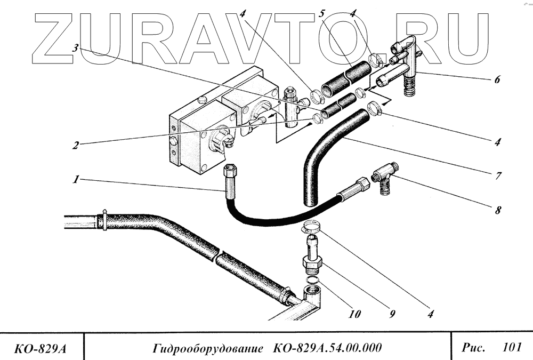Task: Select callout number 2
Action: click(x=77, y=145)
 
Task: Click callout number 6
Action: click(x=497, y=82)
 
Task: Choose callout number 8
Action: click(x=497, y=210)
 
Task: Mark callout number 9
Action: click(x=392, y=315)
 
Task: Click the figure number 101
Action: click(x=511, y=348)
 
